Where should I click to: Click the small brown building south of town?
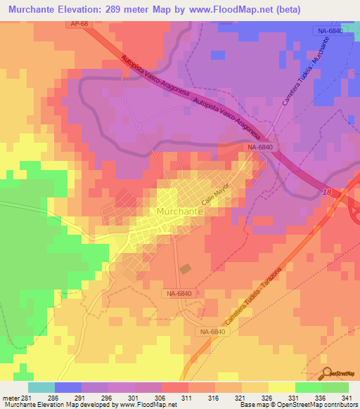point(185,268)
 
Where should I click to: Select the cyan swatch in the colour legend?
point(41,387)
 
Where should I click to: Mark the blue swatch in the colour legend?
point(68,387)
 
